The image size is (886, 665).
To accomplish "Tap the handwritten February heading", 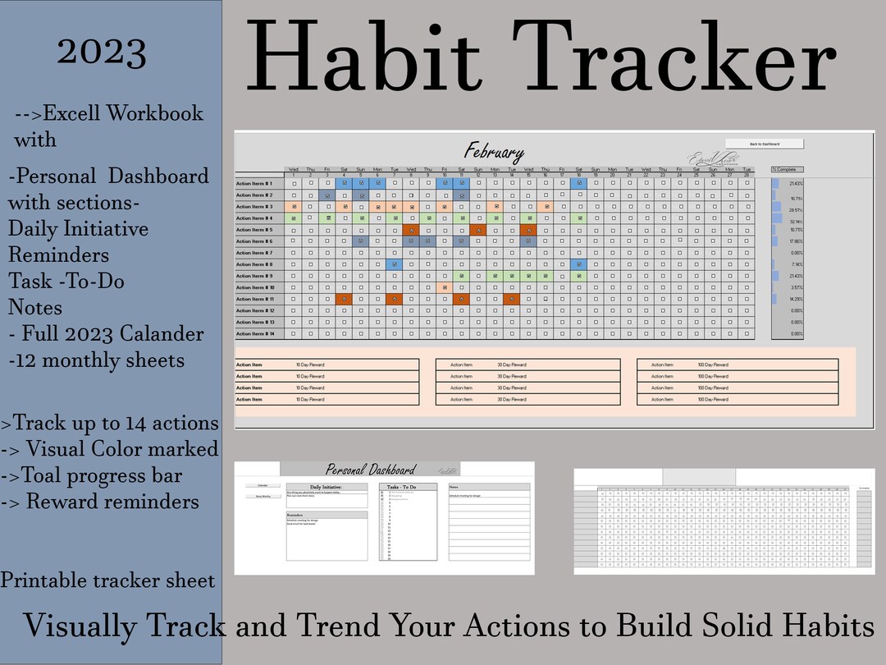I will (494, 152).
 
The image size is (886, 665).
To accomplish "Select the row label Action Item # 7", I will (255, 253).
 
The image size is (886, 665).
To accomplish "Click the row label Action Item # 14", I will (255, 334).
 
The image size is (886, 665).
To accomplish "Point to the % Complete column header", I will (787, 169).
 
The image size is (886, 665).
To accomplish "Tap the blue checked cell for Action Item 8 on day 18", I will (579, 264).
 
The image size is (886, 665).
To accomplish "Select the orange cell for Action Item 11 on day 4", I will (345, 300).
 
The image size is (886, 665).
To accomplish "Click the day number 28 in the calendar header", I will (747, 175).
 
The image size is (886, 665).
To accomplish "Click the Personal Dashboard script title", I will (370, 470).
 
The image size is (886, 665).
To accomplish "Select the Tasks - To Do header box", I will (401, 487).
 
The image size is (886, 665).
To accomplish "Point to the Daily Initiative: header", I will (327, 487).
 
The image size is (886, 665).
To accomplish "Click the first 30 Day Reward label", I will (512, 365).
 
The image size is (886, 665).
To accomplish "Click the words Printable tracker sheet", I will (107, 581).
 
